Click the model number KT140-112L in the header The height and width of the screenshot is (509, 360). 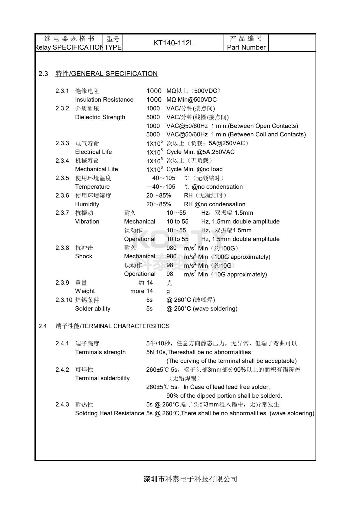pyautogui.click(x=173, y=43)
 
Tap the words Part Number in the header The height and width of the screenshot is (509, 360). pyautogui.click(x=246, y=47)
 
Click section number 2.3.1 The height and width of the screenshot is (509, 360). pyautogui.click(x=62, y=91)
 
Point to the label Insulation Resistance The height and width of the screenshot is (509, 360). pyautogui.click(x=104, y=100)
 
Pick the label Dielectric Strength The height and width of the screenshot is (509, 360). pyautogui.click(x=100, y=117)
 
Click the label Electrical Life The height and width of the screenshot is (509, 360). pyautogui.click(x=93, y=152)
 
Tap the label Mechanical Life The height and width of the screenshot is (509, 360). pyautogui.click(x=97, y=169)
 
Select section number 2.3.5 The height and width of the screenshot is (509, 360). pyautogui.click(x=62, y=178)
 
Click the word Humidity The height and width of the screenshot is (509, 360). pyautogui.click(x=87, y=204)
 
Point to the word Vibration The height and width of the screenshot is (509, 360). pyautogui.click(x=87, y=221)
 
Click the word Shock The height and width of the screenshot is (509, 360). pyautogui.click(x=83, y=256)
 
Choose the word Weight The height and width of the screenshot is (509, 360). pyautogui.click(x=85, y=291)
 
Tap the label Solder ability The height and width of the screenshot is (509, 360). pyautogui.click(x=93, y=308)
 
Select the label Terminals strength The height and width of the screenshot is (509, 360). pyautogui.click(x=100, y=352)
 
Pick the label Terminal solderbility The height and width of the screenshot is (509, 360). pyautogui.click(x=102, y=378)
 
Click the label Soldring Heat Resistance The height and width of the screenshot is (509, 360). pyautogui.click(x=110, y=413)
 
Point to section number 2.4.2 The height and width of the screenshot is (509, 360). pyautogui.click(x=62, y=370)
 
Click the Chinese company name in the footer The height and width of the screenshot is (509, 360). pyautogui.click(x=190, y=479)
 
